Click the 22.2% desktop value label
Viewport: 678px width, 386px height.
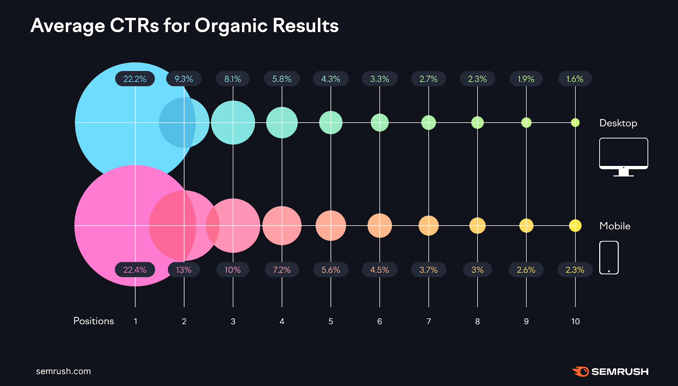pos(135,79)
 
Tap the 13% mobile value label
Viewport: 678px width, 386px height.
pos(183,270)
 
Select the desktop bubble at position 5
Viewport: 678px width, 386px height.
pos(331,123)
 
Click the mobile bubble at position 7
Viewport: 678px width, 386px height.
pos(428,226)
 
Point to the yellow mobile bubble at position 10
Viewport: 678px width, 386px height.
pos(575,226)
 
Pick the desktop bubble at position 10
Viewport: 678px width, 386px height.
pos(575,123)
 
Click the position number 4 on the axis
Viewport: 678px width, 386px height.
pos(282,322)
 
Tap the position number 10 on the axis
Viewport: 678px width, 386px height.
pos(575,322)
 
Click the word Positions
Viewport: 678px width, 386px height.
pos(94,321)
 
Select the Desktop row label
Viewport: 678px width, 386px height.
pos(618,123)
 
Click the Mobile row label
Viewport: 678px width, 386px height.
pos(615,226)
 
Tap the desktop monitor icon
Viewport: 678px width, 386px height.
pos(623,156)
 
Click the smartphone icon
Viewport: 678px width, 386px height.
pos(609,257)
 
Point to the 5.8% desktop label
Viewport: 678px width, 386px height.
pos(282,79)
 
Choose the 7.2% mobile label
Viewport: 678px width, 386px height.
pos(282,270)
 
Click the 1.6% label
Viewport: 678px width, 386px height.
pos(575,79)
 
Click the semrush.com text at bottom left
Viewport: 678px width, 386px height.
pos(64,371)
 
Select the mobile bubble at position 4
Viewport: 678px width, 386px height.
pos(282,226)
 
